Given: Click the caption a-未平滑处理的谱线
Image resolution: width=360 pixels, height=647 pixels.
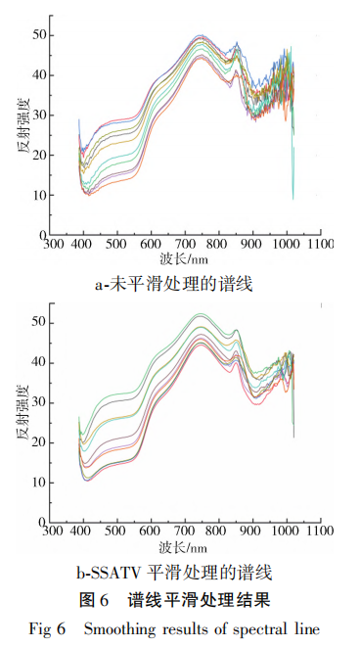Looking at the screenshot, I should [181, 285].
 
